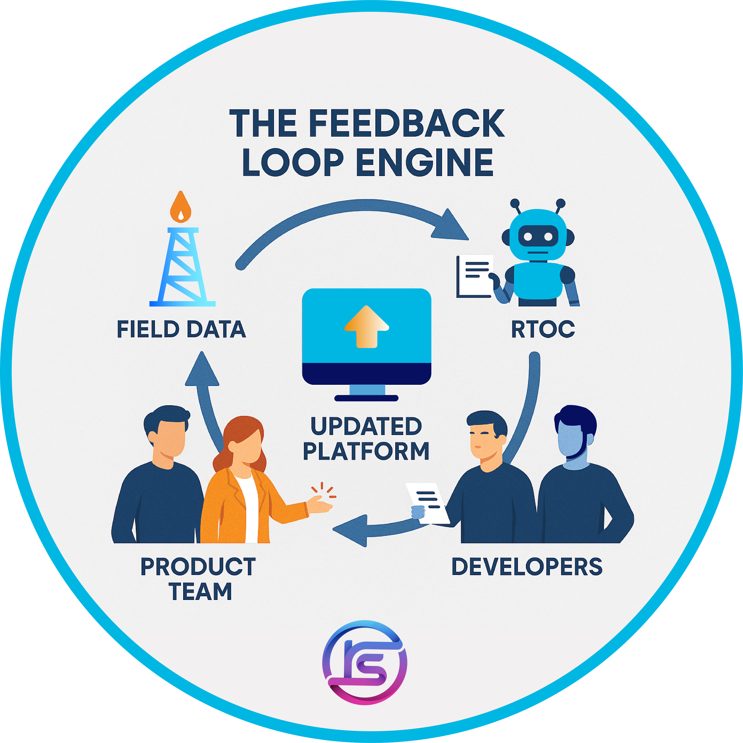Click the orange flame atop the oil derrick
(x=181, y=208)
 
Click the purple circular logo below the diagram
(x=365, y=662)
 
